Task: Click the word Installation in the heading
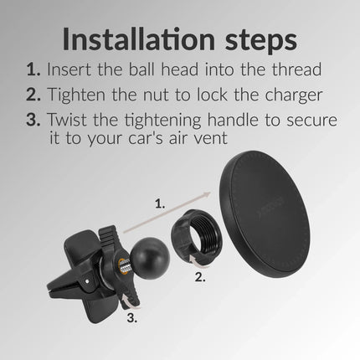(x=139, y=39)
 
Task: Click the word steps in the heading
(x=261, y=41)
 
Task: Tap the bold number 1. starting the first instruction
(x=33, y=69)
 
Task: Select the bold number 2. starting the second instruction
(x=33, y=95)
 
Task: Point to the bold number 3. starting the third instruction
(x=33, y=119)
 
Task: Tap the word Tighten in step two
(x=76, y=94)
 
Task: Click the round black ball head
(x=150, y=255)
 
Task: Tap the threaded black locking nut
(x=197, y=233)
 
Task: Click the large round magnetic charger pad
(x=265, y=214)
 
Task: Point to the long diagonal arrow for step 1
(x=167, y=213)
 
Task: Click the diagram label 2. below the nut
(x=200, y=277)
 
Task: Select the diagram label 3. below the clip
(x=132, y=318)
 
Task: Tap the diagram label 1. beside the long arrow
(x=160, y=204)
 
